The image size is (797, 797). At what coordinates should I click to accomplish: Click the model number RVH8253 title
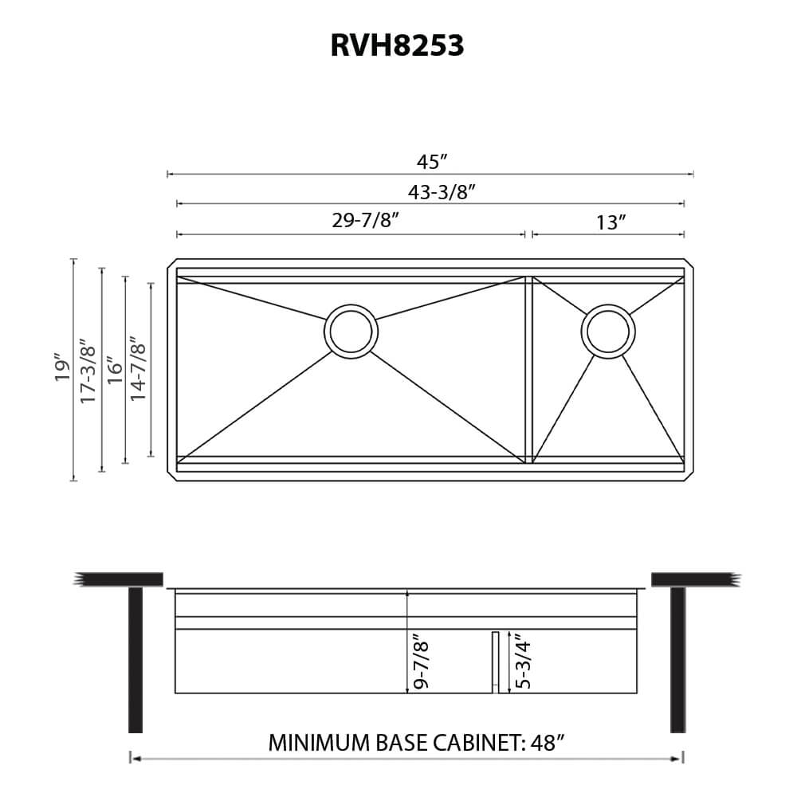tap(397, 46)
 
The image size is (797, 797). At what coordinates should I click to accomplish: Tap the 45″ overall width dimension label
tap(431, 162)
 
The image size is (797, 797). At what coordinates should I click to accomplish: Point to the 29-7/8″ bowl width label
tap(365, 221)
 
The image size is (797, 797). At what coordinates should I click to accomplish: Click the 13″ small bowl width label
tap(610, 222)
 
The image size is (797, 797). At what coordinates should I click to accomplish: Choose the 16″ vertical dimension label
tap(115, 367)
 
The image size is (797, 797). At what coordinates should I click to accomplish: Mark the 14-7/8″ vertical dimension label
tap(139, 369)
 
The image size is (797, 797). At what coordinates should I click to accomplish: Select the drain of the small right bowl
tap(608, 331)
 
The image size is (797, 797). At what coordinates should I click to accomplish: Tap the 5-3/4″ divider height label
tap(523, 661)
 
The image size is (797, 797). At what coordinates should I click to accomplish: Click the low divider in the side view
tap(495, 662)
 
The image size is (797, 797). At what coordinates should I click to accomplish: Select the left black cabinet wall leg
tap(135, 659)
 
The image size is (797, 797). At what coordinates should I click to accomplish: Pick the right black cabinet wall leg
tap(677, 659)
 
